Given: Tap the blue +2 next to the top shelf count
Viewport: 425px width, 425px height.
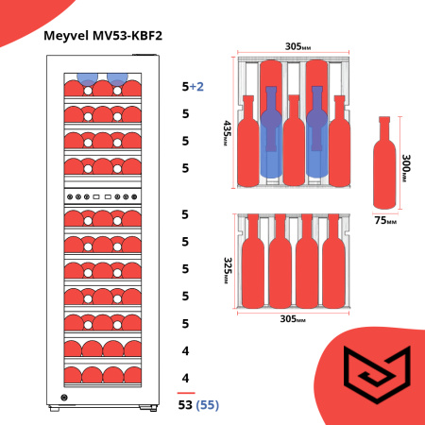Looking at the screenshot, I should (x=197, y=86).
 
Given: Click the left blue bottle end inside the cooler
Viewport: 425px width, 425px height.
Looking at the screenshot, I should (x=87, y=78).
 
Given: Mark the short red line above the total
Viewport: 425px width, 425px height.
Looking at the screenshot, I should (x=187, y=392).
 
